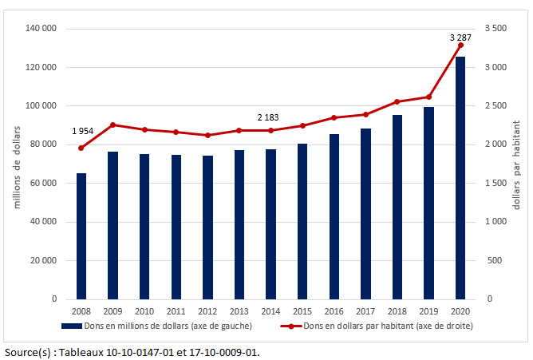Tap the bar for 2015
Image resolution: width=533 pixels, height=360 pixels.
tap(302, 221)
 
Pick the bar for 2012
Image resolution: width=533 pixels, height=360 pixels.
tap(207, 227)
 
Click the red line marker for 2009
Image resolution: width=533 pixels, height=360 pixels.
tap(113, 125)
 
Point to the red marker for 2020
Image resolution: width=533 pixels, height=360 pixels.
tap(460, 45)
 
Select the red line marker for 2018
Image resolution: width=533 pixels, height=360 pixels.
tap(397, 101)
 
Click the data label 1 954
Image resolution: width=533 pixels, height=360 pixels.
tap(83, 131)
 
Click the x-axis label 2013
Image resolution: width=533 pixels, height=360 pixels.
tap(239, 311)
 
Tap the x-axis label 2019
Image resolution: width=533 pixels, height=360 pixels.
tap(428, 311)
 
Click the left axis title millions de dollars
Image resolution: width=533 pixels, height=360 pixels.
tap(15, 164)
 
